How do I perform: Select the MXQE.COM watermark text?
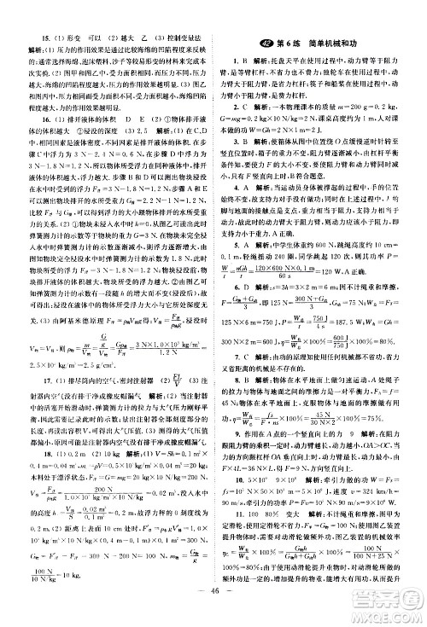[x=389, y=608]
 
